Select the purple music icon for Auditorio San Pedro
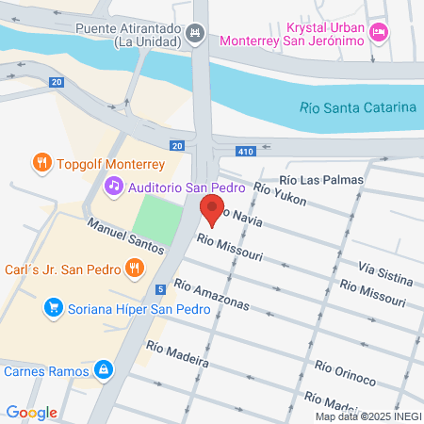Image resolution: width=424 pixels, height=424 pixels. (114, 186)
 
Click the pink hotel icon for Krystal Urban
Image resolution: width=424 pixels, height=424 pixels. (378, 33)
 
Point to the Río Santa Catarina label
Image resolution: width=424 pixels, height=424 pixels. (358, 107)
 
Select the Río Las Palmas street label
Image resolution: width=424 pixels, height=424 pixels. (321, 179)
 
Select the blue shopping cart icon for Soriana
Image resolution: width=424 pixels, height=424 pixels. (54, 307)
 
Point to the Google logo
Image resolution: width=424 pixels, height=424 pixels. (31, 412)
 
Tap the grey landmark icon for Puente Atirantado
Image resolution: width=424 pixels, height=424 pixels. (195, 34)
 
